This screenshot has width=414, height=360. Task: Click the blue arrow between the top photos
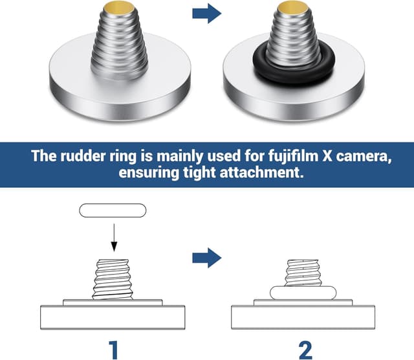tap(206, 14)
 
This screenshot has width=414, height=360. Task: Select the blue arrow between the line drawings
tap(206, 258)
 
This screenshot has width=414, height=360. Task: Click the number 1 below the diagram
tap(113, 348)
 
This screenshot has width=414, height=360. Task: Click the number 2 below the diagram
tap(306, 348)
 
